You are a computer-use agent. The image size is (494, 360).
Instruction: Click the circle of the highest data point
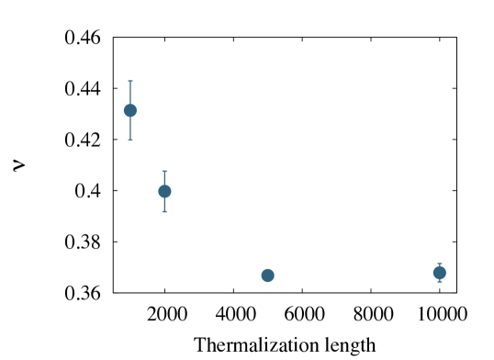(130, 110)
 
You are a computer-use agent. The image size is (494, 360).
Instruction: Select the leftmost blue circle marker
(130, 110)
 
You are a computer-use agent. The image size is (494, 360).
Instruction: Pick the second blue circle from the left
(164, 191)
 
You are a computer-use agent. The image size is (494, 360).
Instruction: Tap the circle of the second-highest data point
(164, 191)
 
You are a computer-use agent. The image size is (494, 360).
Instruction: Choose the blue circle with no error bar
(267, 275)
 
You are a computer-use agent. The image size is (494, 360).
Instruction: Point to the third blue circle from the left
(267, 275)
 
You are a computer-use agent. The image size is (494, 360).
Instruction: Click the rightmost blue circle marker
(439, 273)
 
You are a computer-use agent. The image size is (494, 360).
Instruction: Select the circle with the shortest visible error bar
(439, 273)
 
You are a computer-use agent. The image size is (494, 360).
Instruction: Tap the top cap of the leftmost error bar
(130, 81)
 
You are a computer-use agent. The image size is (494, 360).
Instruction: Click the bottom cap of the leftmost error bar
(130, 141)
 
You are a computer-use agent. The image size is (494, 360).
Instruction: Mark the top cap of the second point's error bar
(164, 171)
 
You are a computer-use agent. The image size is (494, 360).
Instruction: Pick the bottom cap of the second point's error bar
(164, 212)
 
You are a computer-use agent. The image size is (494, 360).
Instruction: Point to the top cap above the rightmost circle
(439, 264)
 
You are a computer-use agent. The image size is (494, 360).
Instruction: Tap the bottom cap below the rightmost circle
(439, 282)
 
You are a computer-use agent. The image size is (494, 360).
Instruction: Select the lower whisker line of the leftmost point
(130, 129)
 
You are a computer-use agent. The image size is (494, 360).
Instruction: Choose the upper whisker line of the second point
(164, 177)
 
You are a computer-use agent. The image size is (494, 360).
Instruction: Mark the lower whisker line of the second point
(164, 205)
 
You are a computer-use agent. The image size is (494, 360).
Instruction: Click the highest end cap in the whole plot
(130, 81)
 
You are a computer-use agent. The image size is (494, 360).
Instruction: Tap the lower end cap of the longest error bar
(130, 141)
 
